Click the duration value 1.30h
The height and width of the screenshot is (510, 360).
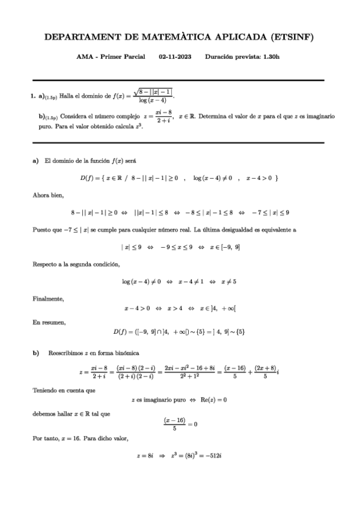[x=268, y=57]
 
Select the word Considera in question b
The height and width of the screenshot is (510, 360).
[x=75, y=116]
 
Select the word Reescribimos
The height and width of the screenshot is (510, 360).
[x=66, y=352]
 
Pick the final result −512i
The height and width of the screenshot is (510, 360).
[x=215, y=456]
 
